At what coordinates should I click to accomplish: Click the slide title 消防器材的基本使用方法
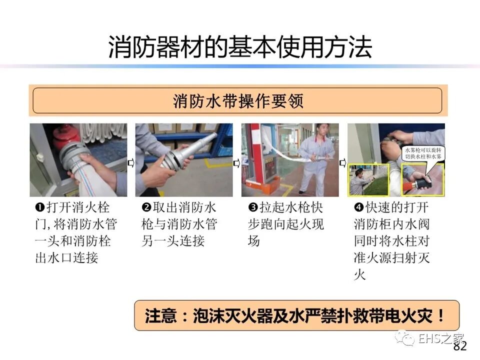[240, 47]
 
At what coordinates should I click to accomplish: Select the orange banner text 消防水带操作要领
[238, 100]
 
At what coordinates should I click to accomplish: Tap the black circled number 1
[40, 207]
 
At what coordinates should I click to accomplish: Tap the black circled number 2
[146, 207]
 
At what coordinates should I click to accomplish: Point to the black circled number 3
[253, 207]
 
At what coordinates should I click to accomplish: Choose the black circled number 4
[359, 207]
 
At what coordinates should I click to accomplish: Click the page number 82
[460, 346]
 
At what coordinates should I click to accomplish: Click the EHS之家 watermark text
[441, 339]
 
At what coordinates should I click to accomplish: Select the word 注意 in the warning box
[161, 315]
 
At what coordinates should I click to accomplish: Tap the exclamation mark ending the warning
[441, 315]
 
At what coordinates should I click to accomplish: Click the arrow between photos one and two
[131, 162]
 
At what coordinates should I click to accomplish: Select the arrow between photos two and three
[237, 163]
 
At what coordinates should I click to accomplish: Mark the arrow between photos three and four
[343, 163]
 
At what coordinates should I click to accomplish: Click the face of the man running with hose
[322, 130]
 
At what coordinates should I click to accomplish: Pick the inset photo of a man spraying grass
[368, 179]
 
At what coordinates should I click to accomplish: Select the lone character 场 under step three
[254, 240]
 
